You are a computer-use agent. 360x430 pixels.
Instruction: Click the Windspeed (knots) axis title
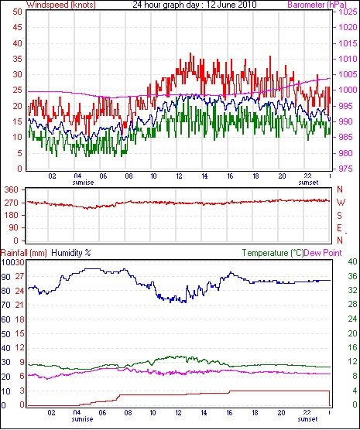61,5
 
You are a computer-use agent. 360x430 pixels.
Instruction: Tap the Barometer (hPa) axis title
317,5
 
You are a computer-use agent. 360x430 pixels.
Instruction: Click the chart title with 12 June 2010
194,5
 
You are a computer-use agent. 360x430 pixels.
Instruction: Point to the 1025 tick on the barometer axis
348,12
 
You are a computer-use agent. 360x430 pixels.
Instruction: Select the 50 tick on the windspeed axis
17,12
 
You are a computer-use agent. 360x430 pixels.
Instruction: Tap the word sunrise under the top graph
83,183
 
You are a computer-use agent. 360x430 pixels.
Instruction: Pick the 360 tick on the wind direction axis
12,189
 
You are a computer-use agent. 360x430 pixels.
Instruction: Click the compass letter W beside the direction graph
341,203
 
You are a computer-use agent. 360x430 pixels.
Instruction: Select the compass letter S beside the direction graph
340,216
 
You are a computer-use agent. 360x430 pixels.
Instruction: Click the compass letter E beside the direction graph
340,228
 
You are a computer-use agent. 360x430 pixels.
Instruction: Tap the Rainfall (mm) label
24,253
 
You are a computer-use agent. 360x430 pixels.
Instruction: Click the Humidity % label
71,253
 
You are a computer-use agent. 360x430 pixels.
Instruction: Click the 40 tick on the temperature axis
352,262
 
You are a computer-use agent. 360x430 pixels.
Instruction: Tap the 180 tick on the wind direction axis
12,215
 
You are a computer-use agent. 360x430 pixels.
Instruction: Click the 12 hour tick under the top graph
179,176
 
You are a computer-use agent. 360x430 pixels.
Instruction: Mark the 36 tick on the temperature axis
352,276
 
